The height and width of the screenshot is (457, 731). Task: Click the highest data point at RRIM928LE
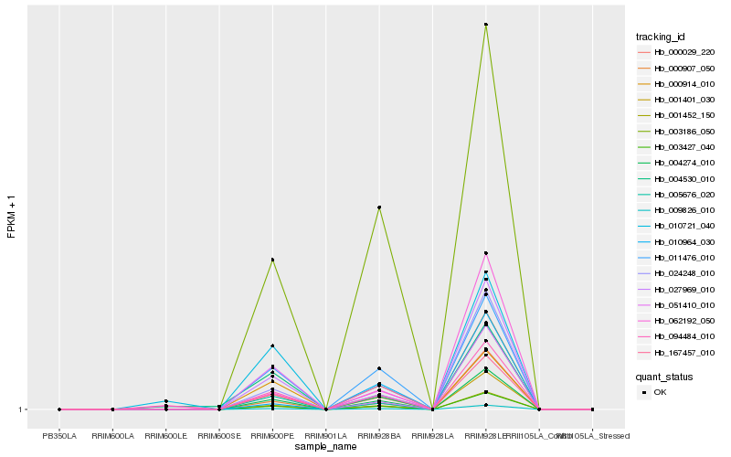(x=486, y=25)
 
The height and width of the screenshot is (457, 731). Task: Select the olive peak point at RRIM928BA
(x=379, y=207)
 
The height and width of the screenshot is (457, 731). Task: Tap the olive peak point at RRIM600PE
(x=272, y=260)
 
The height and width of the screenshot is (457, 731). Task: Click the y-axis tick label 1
(x=20, y=409)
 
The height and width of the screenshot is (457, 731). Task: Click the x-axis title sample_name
(x=326, y=446)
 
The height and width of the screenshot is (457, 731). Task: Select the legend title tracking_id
(x=661, y=37)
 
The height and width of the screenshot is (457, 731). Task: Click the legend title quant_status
(x=664, y=376)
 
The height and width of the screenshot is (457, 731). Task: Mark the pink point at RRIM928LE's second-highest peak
(x=486, y=253)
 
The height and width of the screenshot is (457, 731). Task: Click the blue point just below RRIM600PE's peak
(x=272, y=345)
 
